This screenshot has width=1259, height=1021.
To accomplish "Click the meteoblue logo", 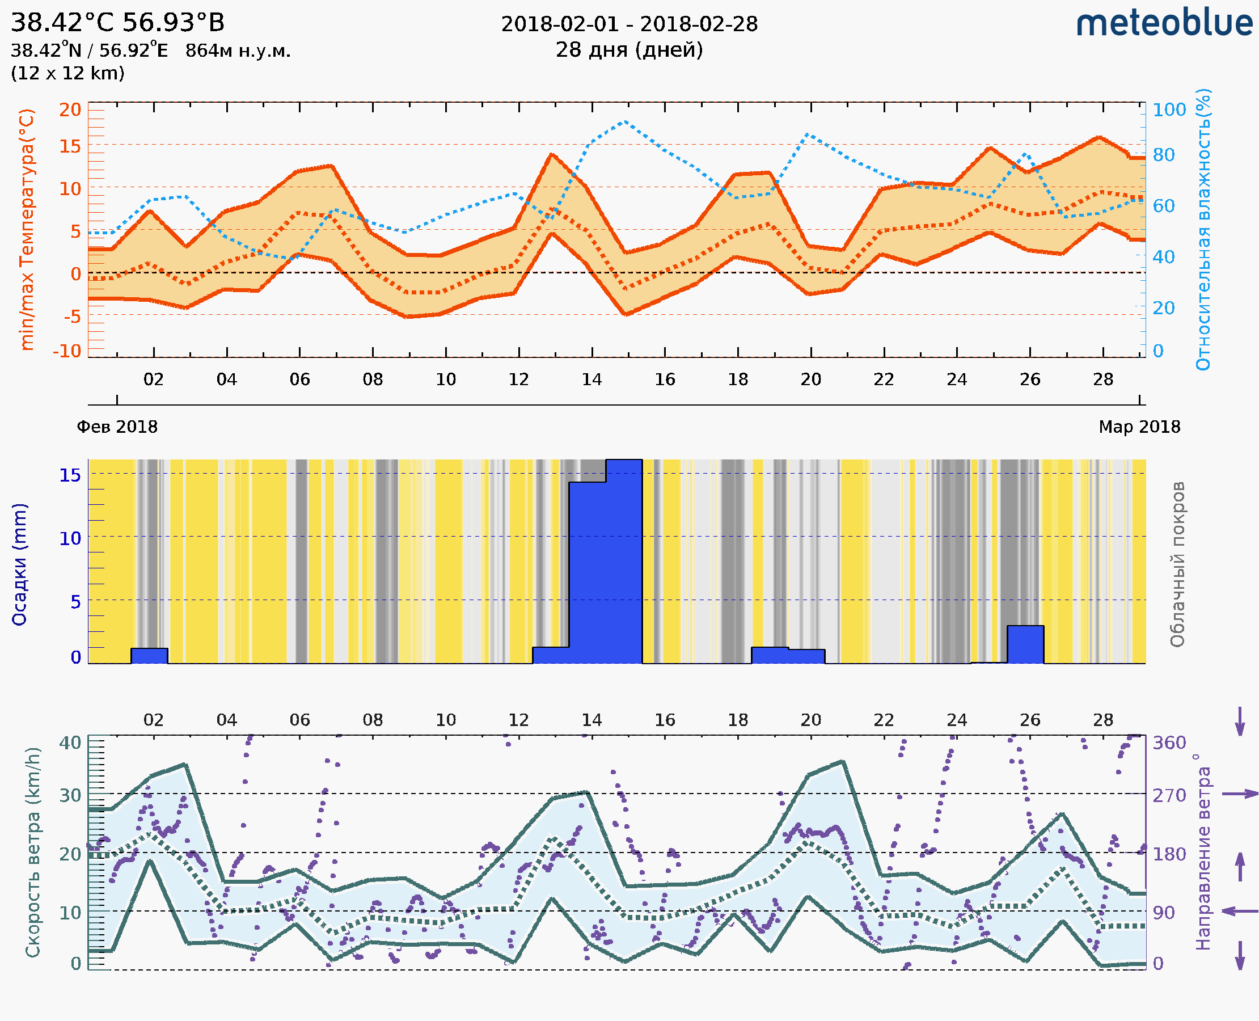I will click(1164, 23).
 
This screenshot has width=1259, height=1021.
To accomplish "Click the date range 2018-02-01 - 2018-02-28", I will click(629, 24).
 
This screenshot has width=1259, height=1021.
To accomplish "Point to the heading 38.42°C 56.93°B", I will click(117, 22).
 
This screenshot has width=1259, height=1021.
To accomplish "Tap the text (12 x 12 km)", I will click(67, 73).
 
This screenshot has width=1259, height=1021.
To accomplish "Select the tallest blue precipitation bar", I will click(623, 561).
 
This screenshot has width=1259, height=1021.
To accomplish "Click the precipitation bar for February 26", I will click(1025, 644).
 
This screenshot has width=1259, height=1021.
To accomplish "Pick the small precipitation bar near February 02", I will click(149, 655).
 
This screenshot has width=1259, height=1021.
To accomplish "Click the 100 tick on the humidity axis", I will click(1169, 109).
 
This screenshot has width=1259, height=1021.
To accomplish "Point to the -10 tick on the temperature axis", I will click(66, 351).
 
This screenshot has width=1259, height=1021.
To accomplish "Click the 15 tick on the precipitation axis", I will click(70, 474).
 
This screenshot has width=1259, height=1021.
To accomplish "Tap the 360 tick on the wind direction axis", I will click(1169, 742).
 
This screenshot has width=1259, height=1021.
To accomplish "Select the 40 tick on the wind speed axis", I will click(70, 742).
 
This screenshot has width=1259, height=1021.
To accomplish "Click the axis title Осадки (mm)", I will click(19, 564).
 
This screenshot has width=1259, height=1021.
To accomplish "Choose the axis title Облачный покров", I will click(1177, 564).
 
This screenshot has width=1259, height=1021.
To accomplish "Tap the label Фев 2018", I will click(117, 427).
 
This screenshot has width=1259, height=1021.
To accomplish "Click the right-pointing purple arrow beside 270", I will click(1240, 794).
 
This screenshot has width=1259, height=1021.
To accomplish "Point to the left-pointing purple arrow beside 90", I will click(1240, 911).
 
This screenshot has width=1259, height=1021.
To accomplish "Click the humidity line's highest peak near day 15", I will click(625, 122).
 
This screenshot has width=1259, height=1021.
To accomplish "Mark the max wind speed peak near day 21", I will click(843, 762).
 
